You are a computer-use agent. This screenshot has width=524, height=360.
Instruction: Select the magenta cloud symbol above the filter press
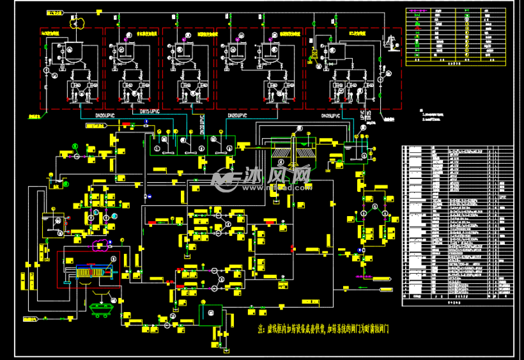pyautogui.click(x=99, y=244)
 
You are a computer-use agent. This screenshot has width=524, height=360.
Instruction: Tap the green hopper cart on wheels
pyautogui.click(x=100, y=308)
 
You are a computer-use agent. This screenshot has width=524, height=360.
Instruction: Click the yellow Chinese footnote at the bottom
pyautogui.click(x=323, y=329)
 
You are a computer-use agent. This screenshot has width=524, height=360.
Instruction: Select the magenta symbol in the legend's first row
pyautogui.click(x=416, y=12)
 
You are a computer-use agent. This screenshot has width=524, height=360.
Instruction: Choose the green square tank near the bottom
pyautogui.click(x=210, y=315)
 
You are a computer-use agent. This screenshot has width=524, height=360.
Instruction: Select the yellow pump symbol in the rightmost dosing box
pyautogui.click(x=314, y=54)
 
